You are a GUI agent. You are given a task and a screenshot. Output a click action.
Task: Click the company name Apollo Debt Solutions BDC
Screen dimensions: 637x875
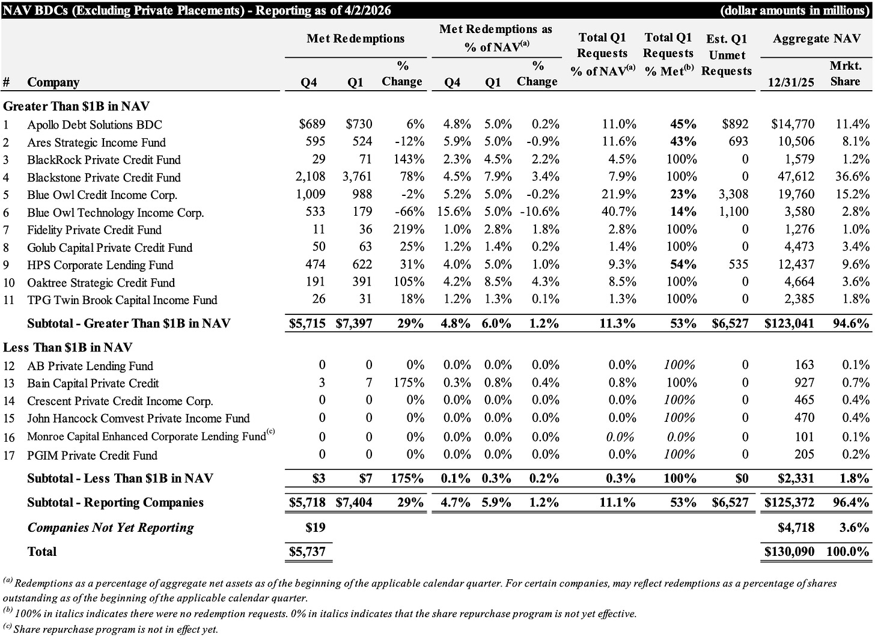94,125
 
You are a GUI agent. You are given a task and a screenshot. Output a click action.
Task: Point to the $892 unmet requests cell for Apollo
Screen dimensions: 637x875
735,124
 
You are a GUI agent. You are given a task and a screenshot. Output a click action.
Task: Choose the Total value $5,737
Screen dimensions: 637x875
307,552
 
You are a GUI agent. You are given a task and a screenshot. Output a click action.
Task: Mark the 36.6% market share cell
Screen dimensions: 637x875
852,177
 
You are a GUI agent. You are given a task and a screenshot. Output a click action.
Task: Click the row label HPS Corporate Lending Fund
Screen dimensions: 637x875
100,265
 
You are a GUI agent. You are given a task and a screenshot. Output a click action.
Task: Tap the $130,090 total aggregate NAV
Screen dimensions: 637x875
789,552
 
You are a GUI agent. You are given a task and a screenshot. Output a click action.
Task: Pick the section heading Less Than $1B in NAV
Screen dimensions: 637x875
68,347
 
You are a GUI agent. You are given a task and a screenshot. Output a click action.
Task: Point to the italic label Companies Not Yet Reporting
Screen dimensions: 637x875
111,528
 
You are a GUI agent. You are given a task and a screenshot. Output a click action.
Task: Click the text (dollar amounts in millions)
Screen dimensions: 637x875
793,10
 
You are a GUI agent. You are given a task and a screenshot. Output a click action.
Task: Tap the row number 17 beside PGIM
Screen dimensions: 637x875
8,456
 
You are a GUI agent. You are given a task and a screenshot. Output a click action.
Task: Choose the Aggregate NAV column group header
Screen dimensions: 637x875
816,38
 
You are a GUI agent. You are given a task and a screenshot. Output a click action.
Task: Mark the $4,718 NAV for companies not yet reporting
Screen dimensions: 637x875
796,528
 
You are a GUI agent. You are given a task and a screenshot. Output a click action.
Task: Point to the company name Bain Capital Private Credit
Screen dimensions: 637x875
93,383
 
